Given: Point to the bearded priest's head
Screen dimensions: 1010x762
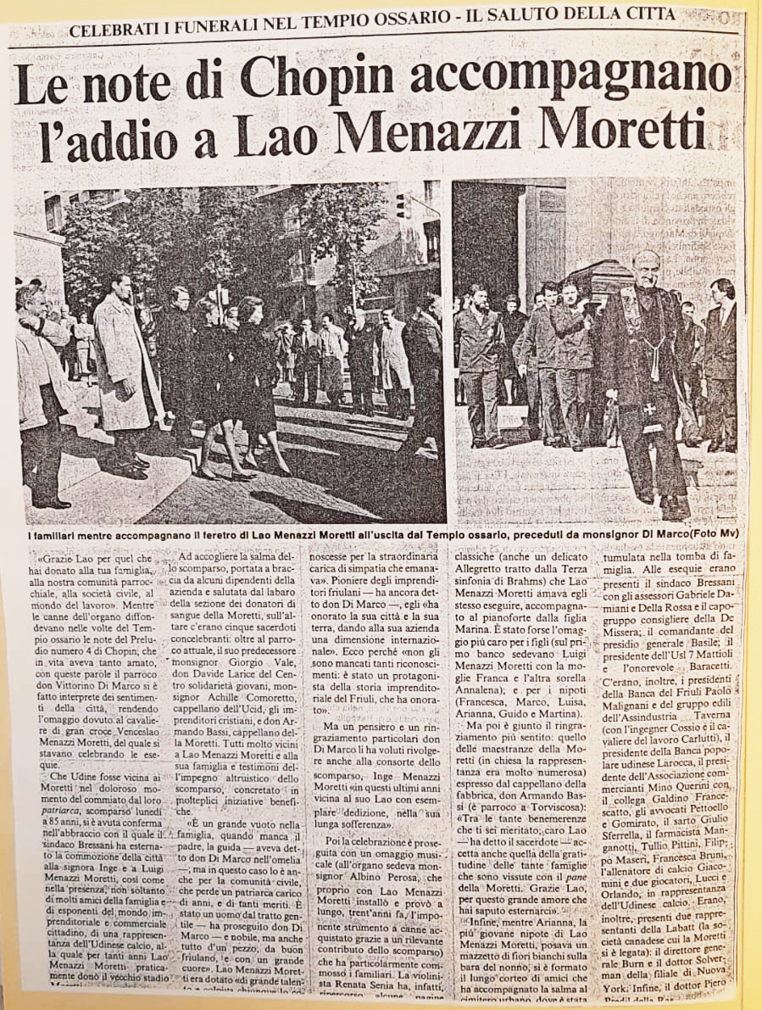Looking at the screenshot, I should [645, 271].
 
